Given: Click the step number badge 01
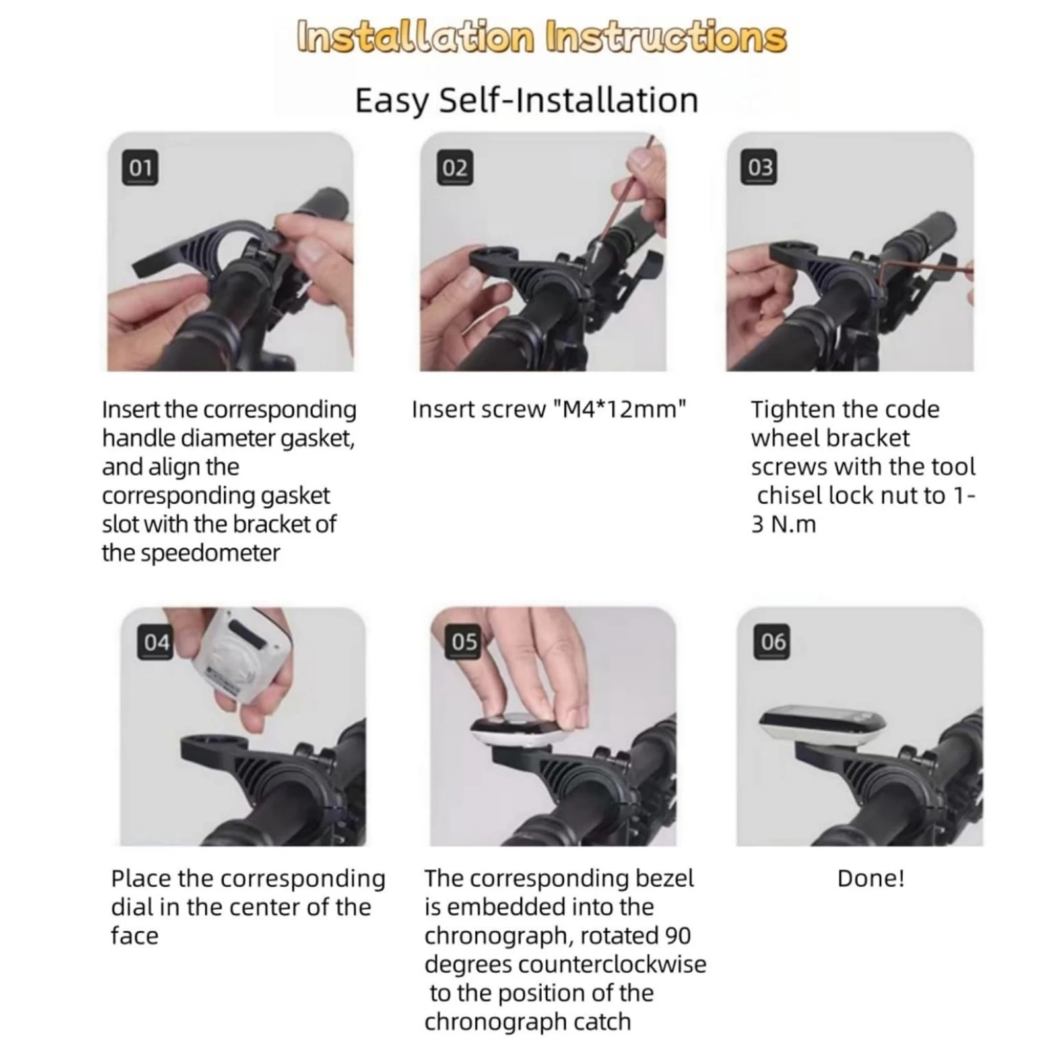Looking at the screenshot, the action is pos(140,168).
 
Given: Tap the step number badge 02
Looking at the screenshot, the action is pos(455,168).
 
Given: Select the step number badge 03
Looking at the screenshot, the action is pos(760,168).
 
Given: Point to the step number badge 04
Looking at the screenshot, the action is pos(156,642).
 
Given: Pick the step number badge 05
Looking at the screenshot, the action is pos(464,642).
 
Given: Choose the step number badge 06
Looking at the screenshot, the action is pos(773,642).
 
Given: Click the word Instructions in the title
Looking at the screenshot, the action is pos(666,37).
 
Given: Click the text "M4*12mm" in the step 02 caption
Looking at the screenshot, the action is pos(620,409).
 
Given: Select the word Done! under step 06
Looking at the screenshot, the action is pos(871,878).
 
